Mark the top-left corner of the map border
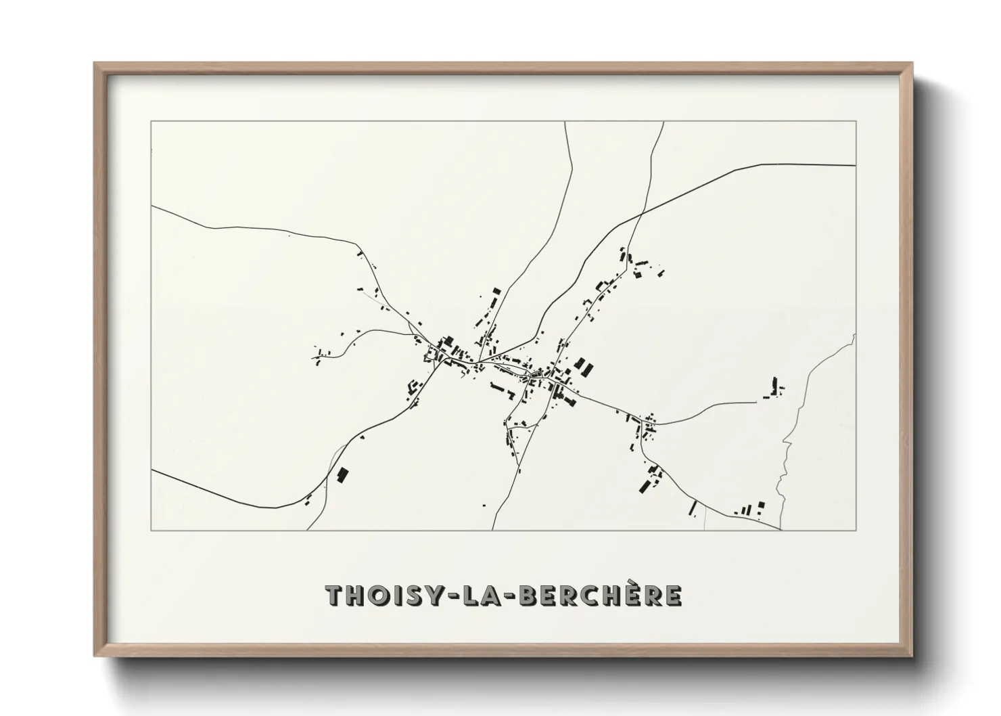click(151, 121)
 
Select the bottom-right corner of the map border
click(856, 530)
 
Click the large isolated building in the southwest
click(342, 475)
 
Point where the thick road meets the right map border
click(856, 164)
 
